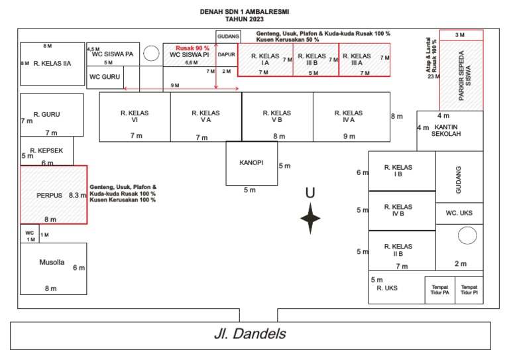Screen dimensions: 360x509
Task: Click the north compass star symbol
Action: pyautogui.click(x=310, y=219)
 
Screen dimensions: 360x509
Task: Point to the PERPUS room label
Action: pyautogui.click(x=49, y=196)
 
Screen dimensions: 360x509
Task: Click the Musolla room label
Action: pyautogui.click(x=52, y=263)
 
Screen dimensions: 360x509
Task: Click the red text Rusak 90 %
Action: pyautogui.click(x=192, y=48)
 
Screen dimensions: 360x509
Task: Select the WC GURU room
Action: pyautogui.click(x=105, y=77)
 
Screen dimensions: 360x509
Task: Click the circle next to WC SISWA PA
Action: pyautogui.click(x=150, y=53)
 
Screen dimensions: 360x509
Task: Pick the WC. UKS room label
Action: pyautogui.click(x=459, y=213)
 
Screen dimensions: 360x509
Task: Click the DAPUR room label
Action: pyautogui.click(x=227, y=54)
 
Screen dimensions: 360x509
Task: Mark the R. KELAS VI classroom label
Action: pyautogui.click(x=135, y=117)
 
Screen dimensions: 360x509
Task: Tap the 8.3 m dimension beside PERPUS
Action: pyautogui.click(x=78, y=196)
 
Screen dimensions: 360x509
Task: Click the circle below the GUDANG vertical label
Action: pyautogui.click(x=467, y=235)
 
